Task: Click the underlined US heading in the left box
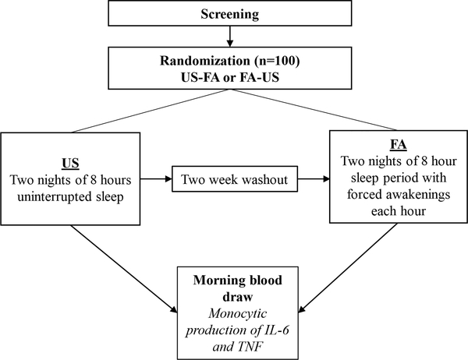tap(70, 145)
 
